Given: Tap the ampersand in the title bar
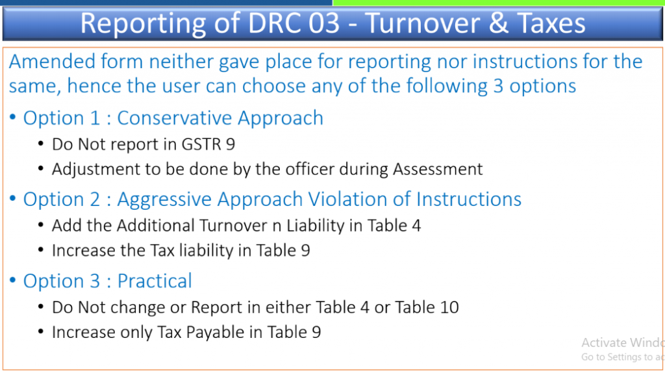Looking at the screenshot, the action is click(x=499, y=23).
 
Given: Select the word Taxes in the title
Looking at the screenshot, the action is click(x=551, y=23).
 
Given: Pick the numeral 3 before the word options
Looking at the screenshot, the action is click(x=498, y=86).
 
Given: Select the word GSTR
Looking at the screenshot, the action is click(x=201, y=145).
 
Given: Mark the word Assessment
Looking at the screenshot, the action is click(x=438, y=170).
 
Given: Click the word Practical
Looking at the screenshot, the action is click(x=155, y=281).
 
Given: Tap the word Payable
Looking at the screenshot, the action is click(x=216, y=333).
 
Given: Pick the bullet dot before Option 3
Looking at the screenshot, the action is click(x=13, y=280).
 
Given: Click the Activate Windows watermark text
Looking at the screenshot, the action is click(x=623, y=342).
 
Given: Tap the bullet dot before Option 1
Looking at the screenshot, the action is click(x=13, y=117).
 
